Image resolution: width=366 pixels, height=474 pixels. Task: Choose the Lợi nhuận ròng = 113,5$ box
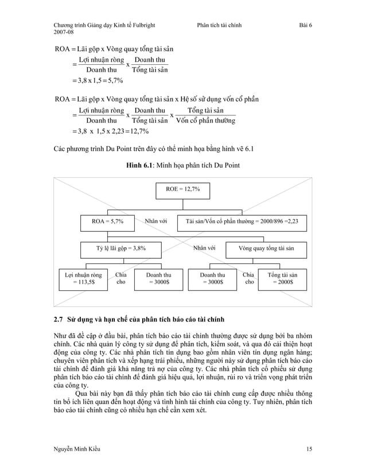pyautogui.click(x=83, y=279)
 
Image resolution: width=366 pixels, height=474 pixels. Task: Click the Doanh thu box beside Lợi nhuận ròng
pyautogui.click(x=158, y=279)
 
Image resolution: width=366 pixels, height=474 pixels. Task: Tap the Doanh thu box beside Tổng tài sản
pyautogui.click(x=212, y=279)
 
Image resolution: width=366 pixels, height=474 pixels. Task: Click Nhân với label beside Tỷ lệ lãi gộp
pyautogui.click(x=204, y=249)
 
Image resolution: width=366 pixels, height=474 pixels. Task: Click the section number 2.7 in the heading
pyautogui.click(x=58, y=318)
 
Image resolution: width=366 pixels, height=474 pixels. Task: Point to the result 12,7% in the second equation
pyautogui.click(x=138, y=131)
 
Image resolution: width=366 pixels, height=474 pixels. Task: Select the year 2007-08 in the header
pyautogui.click(x=65, y=33)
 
